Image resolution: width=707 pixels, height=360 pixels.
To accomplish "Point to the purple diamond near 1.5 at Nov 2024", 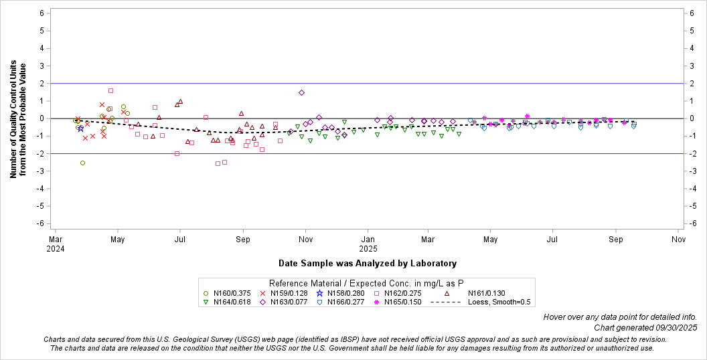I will [301, 92].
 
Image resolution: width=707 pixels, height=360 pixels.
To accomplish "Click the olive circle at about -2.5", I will [82, 163].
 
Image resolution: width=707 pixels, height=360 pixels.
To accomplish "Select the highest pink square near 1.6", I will [110, 90].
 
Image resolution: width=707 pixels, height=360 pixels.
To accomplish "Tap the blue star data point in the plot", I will [81, 128].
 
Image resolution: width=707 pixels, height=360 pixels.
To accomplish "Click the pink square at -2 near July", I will [177, 153].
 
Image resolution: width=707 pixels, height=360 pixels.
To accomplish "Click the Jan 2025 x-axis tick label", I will [368, 244].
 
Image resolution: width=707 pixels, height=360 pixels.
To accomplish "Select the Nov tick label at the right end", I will [678, 239].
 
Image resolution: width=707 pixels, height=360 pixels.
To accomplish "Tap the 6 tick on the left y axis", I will [42, 13].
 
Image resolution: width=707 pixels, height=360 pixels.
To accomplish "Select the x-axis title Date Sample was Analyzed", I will [367, 264].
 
